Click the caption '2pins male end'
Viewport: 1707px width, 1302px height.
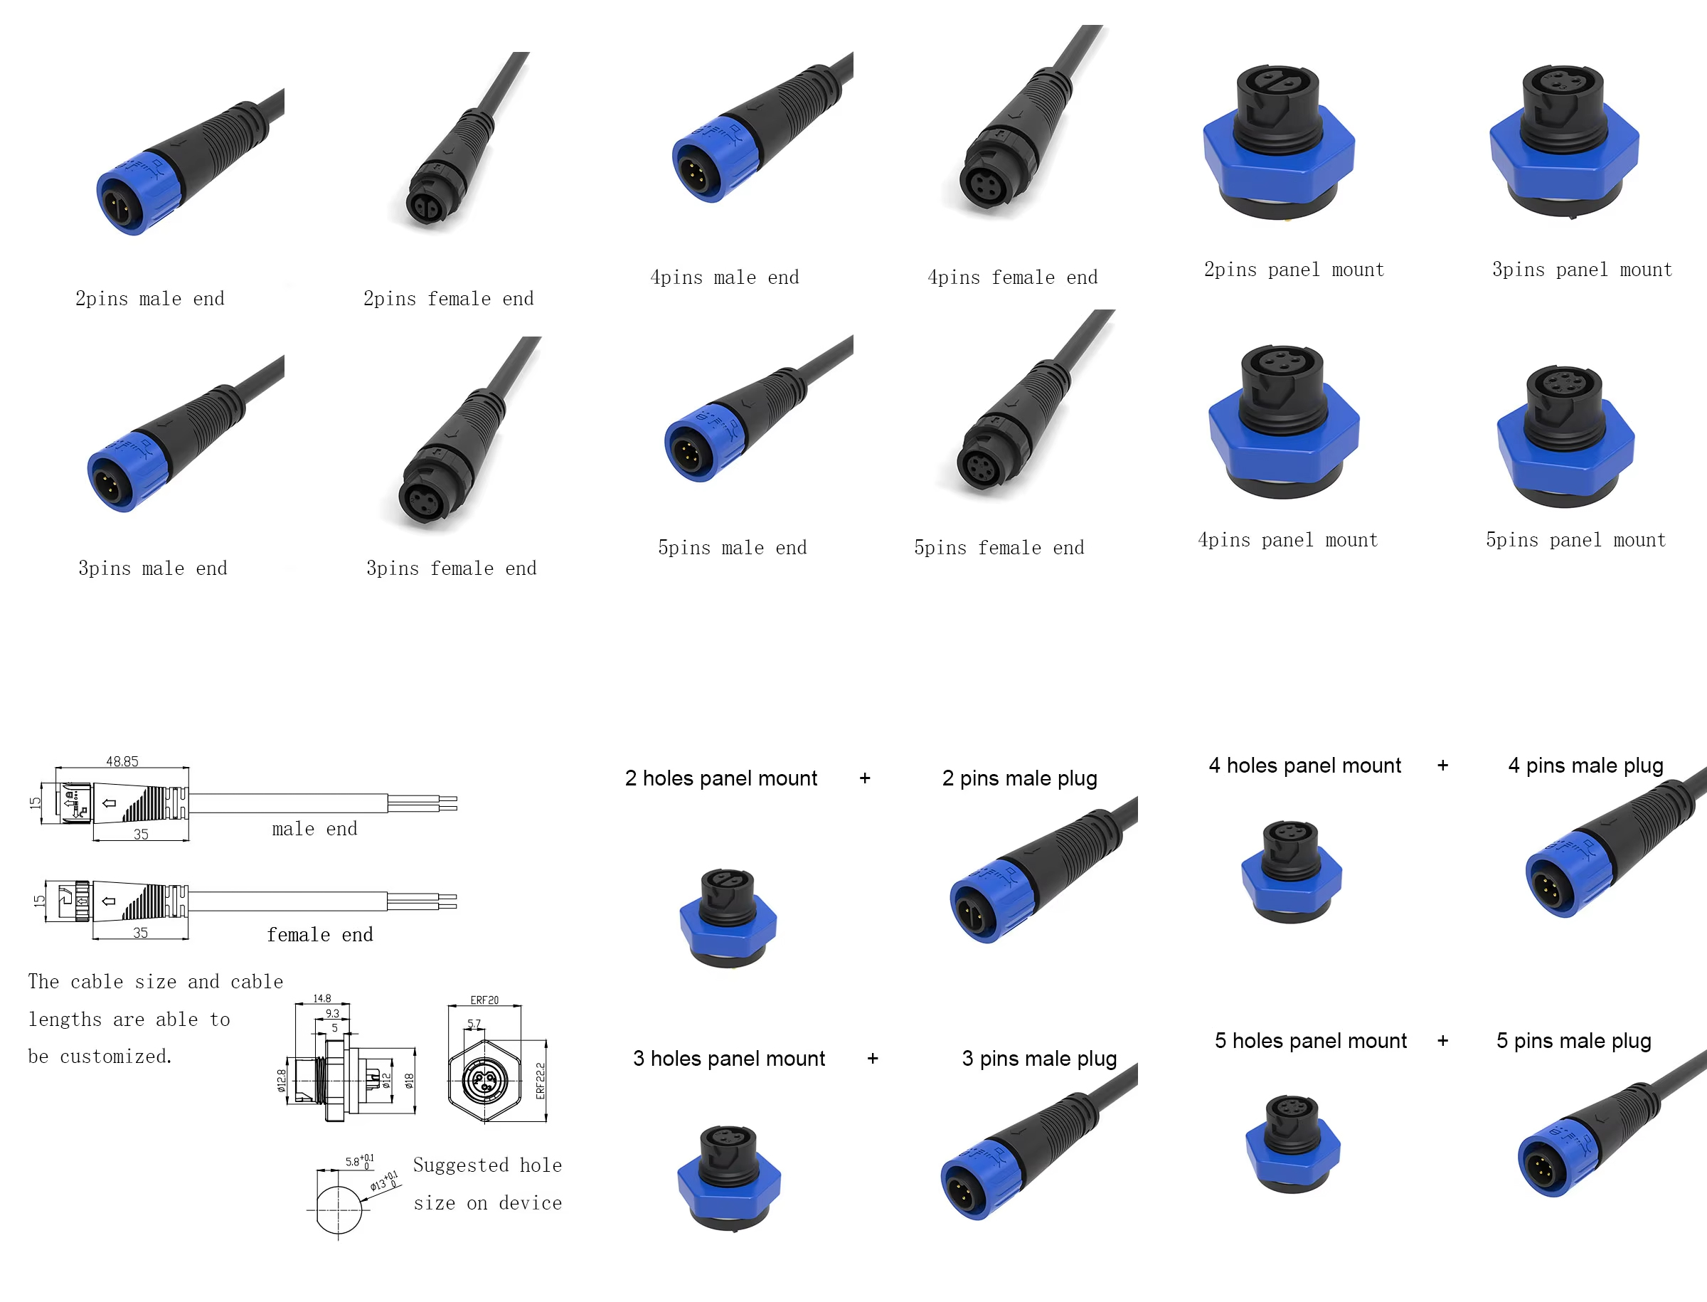tap(149, 298)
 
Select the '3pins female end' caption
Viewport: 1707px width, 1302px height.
tap(451, 568)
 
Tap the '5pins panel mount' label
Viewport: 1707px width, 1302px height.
tap(1575, 539)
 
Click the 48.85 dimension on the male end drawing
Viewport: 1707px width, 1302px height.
tap(122, 761)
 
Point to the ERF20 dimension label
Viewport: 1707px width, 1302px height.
tap(484, 1000)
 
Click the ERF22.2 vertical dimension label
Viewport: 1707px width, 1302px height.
tap(541, 1079)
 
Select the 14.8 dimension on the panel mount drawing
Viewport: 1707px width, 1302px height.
tap(322, 998)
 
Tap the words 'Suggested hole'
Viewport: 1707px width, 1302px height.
tap(487, 1165)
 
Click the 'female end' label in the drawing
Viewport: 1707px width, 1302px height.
tap(319, 935)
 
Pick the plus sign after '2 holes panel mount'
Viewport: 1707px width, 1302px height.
tap(865, 778)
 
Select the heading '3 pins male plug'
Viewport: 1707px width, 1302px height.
tap(1039, 1058)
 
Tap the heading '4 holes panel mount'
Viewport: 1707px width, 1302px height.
tap(1305, 765)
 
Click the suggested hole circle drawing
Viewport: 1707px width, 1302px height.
tap(339, 1209)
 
